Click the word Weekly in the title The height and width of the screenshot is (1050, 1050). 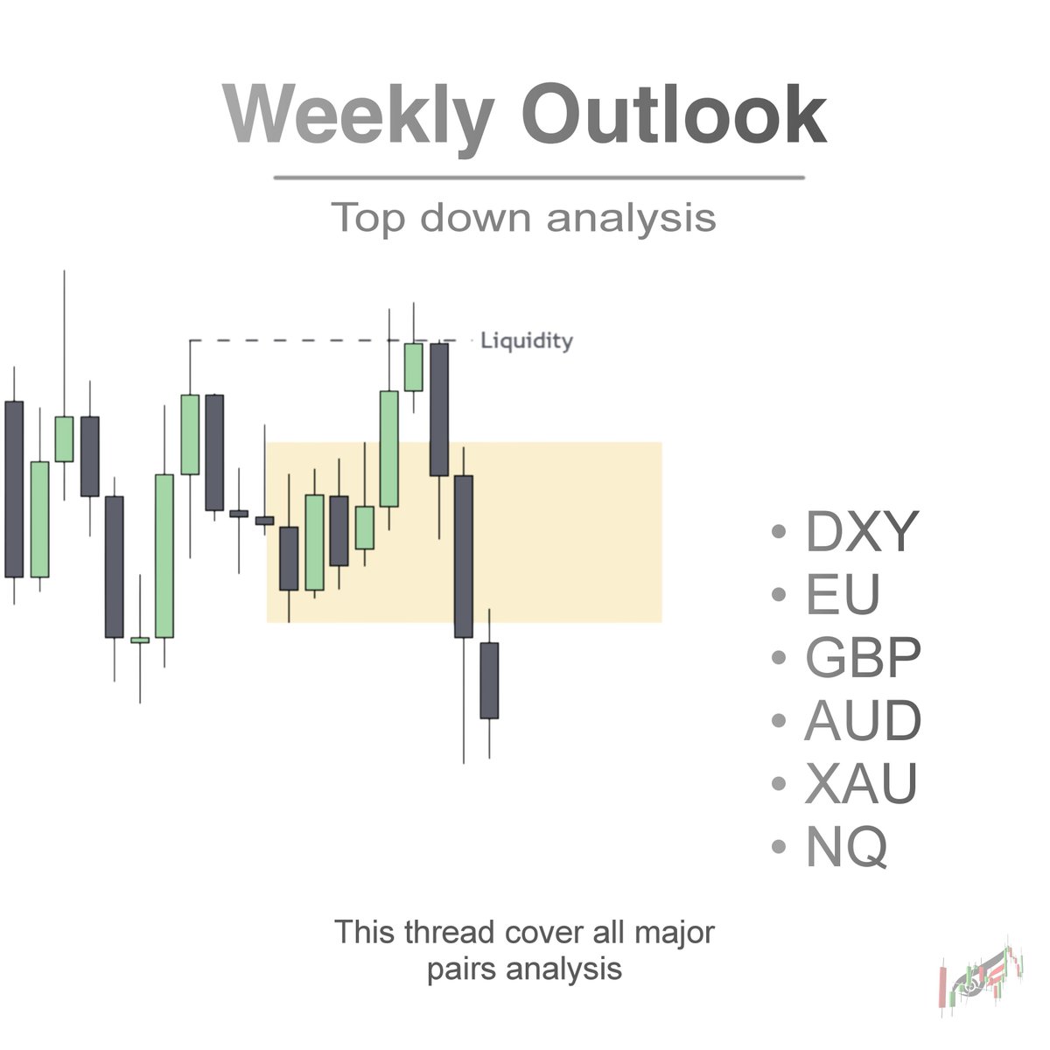coord(359,115)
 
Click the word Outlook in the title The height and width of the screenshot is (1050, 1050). coord(674,115)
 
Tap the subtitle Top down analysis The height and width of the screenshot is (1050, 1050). coord(524,217)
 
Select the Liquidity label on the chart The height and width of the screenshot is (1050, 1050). coord(527,340)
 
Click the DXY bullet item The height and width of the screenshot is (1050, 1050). coord(861,532)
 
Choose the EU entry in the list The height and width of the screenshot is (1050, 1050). coord(842,594)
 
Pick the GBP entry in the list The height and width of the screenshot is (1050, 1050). coord(863,658)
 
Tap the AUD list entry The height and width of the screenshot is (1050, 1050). coord(863,721)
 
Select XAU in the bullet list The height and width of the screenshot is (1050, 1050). coord(861,784)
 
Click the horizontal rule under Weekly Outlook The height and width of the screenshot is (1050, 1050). coord(539,178)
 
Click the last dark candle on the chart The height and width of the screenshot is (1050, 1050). coord(489,680)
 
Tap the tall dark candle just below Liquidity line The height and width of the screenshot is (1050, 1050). coord(439,409)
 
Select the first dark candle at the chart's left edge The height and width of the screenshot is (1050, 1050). coord(14,488)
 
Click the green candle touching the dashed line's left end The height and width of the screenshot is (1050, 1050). coord(190,434)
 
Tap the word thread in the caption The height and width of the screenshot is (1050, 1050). coord(450,932)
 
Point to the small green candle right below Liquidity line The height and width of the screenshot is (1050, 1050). coord(413,367)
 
